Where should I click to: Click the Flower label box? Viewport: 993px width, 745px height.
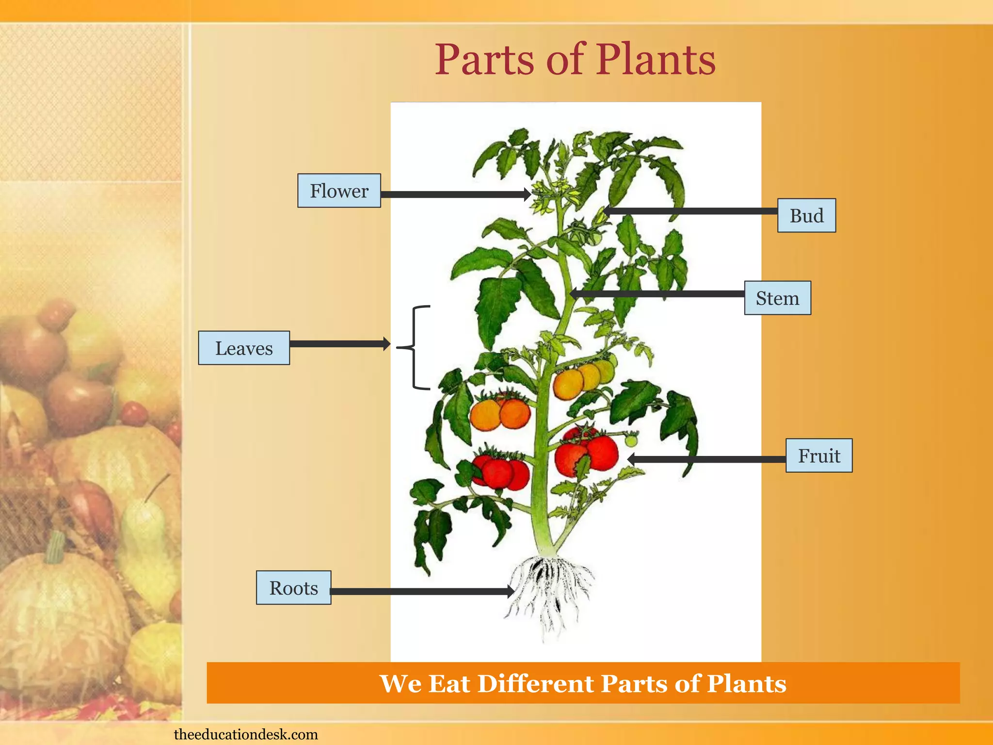pos(339,191)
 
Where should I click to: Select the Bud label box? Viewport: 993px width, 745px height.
pos(806,215)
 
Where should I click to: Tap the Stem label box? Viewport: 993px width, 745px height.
pos(777,298)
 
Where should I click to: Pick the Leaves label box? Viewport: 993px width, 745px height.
pos(244,348)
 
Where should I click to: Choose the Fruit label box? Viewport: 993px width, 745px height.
pos(818,455)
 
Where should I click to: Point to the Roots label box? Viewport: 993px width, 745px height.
pos(293,587)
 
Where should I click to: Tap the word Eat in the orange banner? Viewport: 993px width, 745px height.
pos(449,683)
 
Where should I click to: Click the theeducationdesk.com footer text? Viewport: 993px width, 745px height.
pos(246,734)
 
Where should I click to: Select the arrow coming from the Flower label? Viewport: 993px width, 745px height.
pos(456,194)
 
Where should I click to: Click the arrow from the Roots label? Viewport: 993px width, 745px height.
pos(422,591)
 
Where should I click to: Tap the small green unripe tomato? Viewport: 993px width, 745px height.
pos(631,440)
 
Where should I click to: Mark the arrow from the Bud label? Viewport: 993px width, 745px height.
pos(691,211)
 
